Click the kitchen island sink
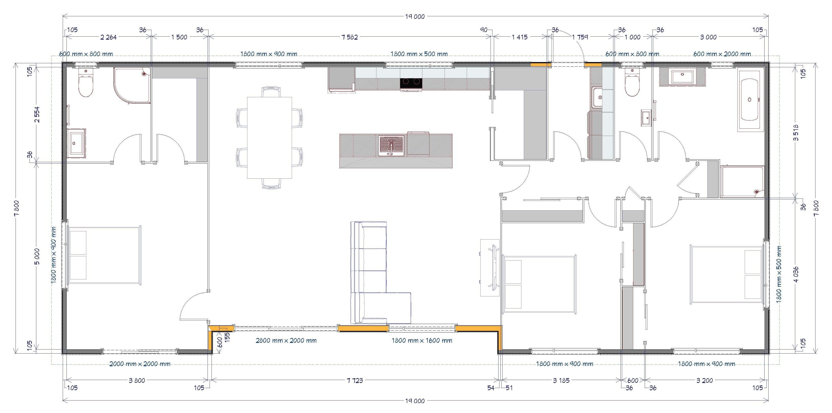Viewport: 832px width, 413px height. pyautogui.click(x=392, y=146)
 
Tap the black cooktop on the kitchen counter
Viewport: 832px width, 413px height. pyautogui.click(x=411, y=83)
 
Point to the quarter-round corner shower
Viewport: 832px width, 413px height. pyautogui.click(x=132, y=86)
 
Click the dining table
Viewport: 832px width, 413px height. pyautogui.click(x=269, y=138)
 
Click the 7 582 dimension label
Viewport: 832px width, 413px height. pyautogui.click(x=349, y=37)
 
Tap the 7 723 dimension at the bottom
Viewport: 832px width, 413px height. pyautogui.click(x=355, y=381)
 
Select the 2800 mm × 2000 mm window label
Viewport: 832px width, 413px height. pyautogui.click(x=286, y=340)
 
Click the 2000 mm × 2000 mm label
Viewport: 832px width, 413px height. pyautogui.click(x=140, y=364)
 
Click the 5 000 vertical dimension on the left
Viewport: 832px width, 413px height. pyautogui.click(x=37, y=257)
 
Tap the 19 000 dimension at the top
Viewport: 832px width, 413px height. pyautogui.click(x=415, y=17)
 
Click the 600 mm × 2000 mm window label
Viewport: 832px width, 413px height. pyautogui.click(x=722, y=54)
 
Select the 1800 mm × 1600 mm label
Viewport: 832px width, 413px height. pyautogui.click(x=422, y=340)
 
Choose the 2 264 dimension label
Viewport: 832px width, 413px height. pyautogui.click(x=108, y=37)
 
